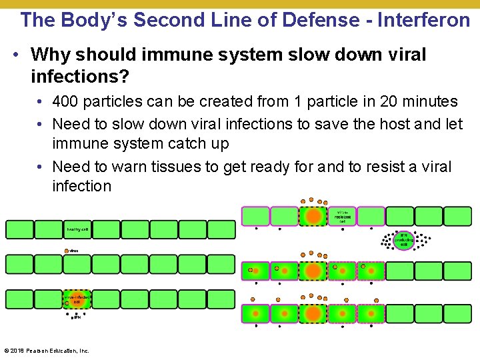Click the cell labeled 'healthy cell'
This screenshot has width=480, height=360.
click(77, 229)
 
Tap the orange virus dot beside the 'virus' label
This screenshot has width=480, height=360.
click(66, 251)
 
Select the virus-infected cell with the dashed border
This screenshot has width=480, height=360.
click(77, 299)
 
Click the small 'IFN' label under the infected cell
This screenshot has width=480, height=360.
click(77, 318)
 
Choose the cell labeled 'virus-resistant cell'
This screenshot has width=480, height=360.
click(342, 216)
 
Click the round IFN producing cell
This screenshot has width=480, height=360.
click(403, 241)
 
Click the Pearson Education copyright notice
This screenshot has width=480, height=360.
click(47, 351)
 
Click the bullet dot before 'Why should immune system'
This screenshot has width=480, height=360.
click(15, 55)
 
